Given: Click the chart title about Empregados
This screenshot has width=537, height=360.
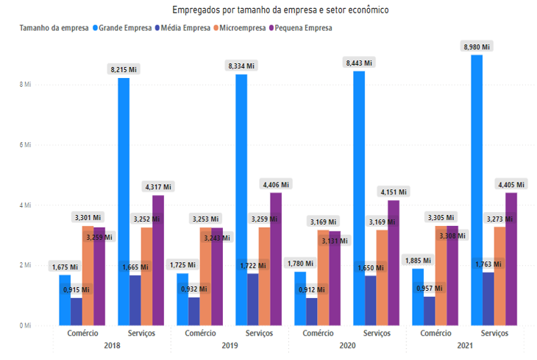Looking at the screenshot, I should coord(280,10).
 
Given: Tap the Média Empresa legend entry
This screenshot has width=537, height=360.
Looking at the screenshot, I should coord(184,27).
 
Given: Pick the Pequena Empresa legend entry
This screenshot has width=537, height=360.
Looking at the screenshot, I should coord(302,27).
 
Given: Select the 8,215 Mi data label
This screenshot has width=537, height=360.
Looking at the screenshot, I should coord(124,69).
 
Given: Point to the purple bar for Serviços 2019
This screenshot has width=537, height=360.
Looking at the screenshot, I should coord(276,258).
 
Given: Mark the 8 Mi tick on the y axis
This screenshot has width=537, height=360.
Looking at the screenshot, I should coord(26,85).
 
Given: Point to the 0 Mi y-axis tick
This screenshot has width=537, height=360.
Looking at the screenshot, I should coord(26,325).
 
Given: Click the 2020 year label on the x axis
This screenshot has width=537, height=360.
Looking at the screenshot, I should coord(348,345).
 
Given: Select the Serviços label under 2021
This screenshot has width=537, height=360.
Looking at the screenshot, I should coord(494,333).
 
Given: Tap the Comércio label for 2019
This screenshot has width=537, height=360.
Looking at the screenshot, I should coord(200,333).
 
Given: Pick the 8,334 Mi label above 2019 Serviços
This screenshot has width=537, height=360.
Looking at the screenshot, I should coord(241,66).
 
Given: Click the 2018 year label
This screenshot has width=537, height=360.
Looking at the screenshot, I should coord(113,345).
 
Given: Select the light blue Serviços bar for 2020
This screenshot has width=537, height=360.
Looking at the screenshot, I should coord(359,198).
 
